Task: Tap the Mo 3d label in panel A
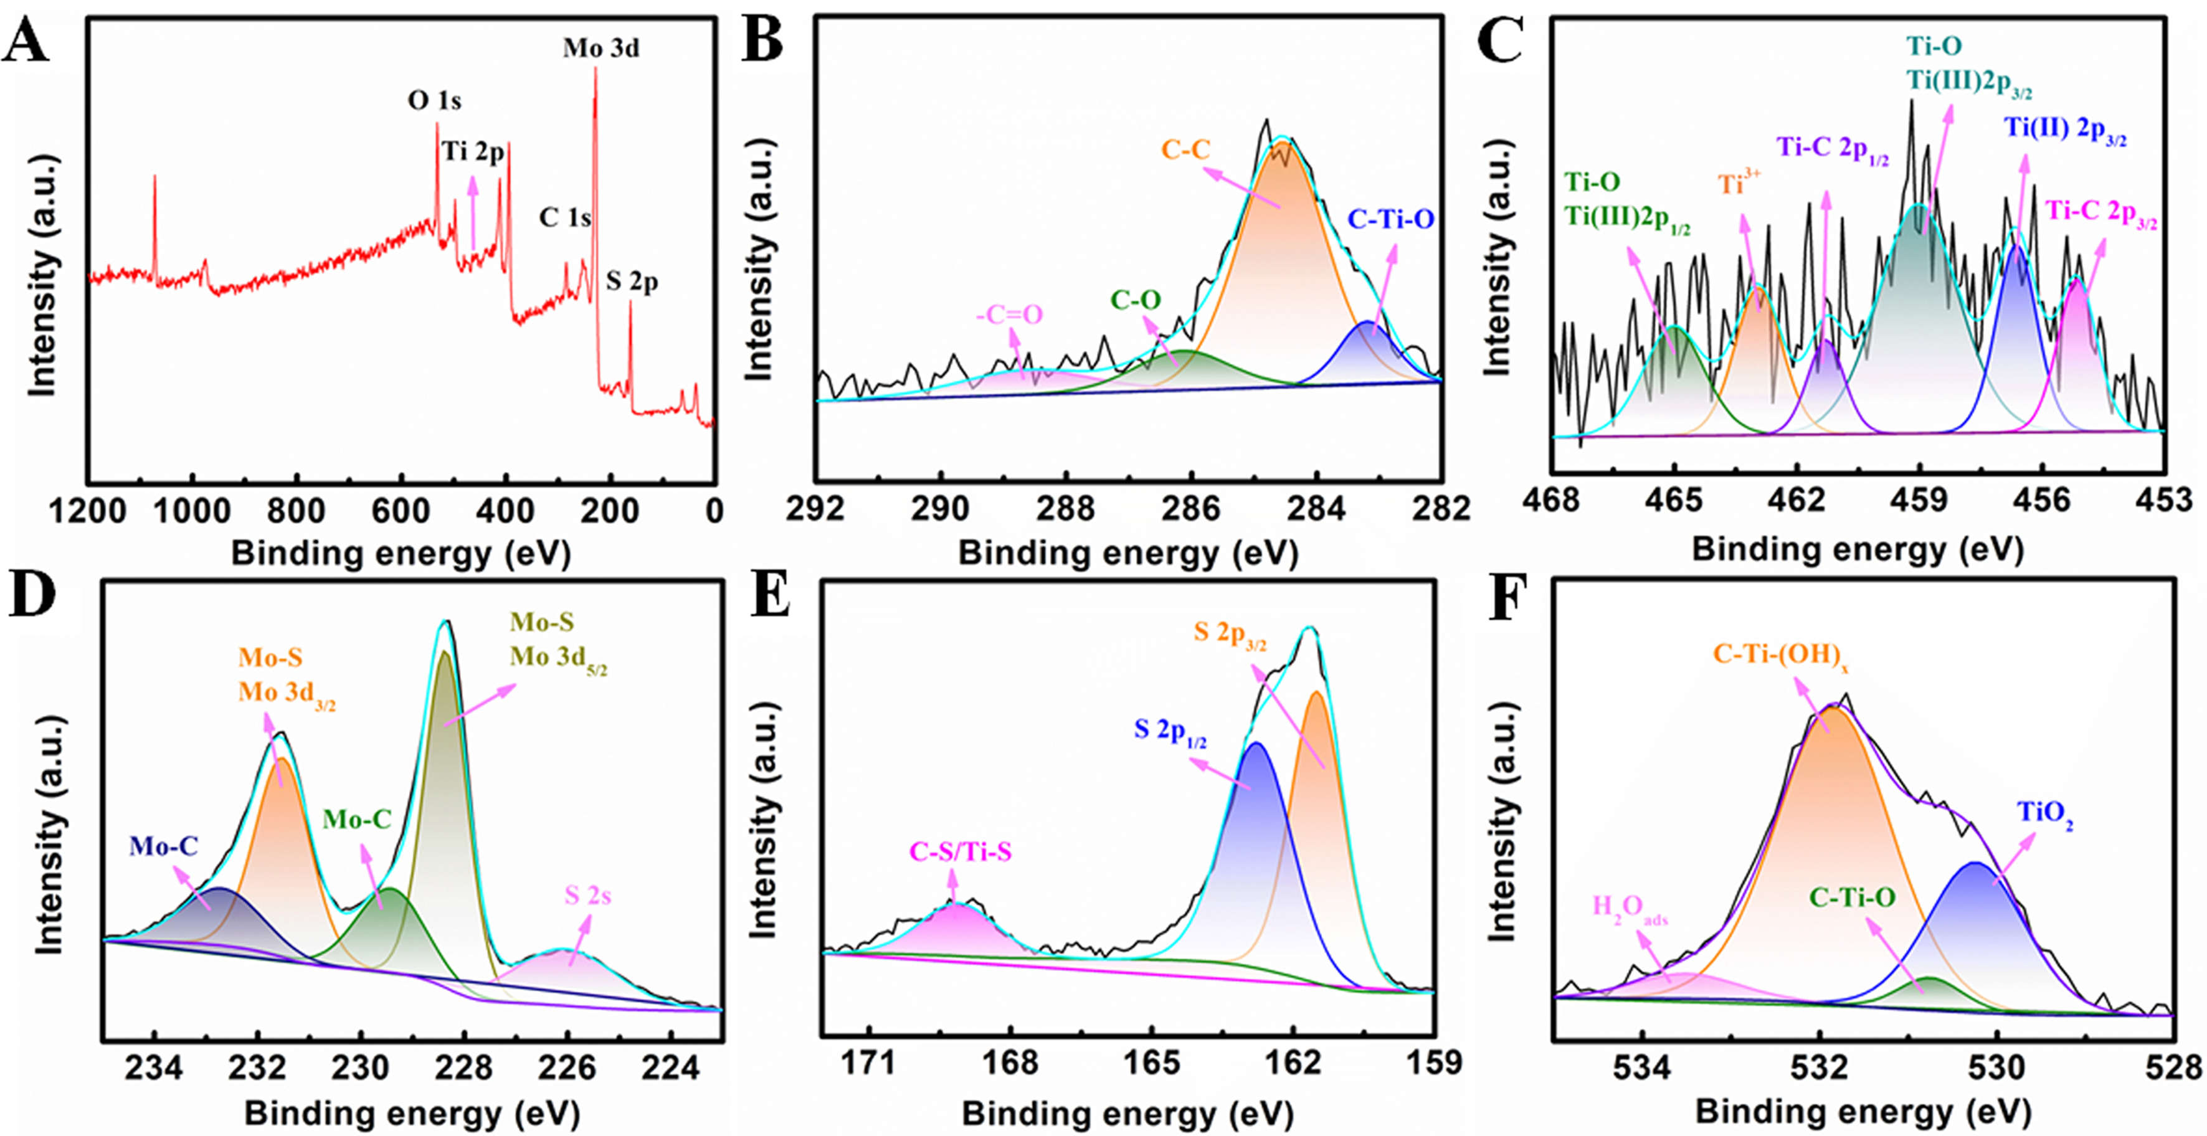click(600, 49)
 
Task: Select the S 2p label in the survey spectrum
click(632, 282)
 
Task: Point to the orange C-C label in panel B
click(1186, 151)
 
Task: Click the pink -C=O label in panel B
click(1009, 315)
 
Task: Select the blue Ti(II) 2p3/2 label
click(2065, 130)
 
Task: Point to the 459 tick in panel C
click(1919, 500)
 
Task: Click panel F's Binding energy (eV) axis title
click(1863, 1113)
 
